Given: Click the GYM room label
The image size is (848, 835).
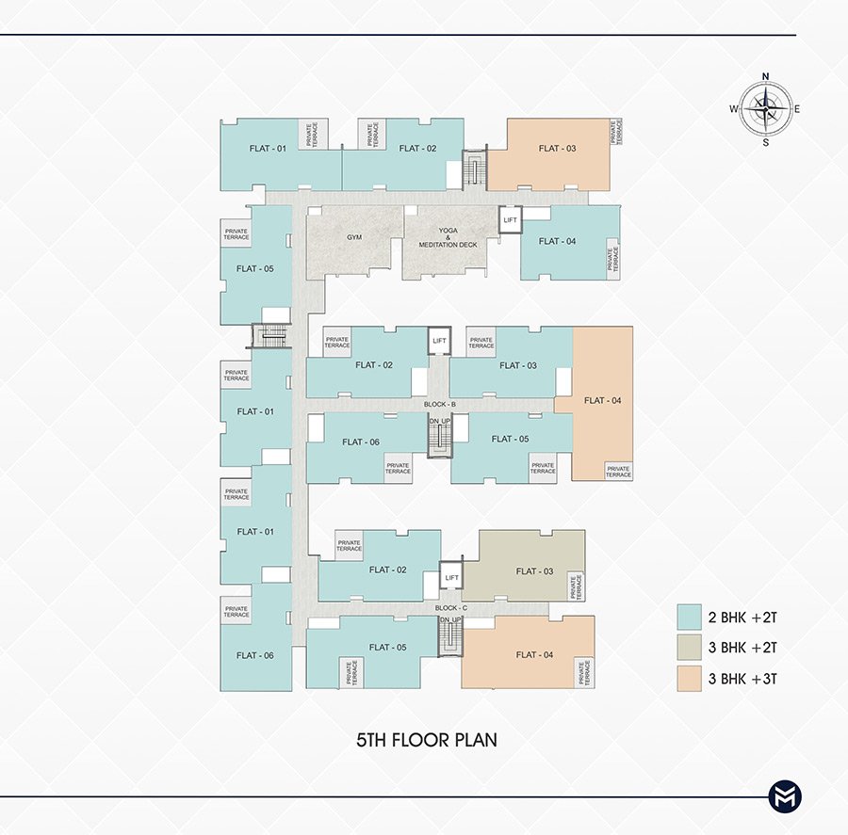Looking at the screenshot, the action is click(x=354, y=237).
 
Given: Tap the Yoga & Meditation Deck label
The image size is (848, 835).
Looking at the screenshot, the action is click(x=448, y=238).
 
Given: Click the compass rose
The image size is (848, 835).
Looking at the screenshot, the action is click(x=765, y=109).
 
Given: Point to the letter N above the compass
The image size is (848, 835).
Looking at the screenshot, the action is click(x=765, y=76).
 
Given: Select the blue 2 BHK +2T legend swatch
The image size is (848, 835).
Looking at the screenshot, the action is click(x=689, y=617).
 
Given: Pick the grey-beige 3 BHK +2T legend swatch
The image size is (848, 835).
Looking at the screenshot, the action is click(x=689, y=648).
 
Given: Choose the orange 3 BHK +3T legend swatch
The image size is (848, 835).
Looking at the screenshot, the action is click(x=689, y=679).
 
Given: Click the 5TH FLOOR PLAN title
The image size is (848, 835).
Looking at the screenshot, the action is click(x=427, y=740).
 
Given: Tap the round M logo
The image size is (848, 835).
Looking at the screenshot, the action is click(x=785, y=796).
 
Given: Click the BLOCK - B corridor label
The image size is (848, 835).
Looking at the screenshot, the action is click(x=440, y=404).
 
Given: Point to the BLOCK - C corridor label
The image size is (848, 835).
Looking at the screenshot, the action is click(x=451, y=608).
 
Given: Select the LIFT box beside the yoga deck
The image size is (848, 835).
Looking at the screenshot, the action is click(x=510, y=220).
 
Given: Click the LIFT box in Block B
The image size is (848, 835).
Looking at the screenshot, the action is click(x=440, y=341).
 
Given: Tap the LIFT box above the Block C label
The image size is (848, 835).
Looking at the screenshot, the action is click(x=451, y=577).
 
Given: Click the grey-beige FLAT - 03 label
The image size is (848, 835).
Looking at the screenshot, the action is click(x=534, y=571).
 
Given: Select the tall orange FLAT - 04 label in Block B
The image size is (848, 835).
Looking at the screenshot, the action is click(x=602, y=400).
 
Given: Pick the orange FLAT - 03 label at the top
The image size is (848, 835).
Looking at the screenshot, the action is click(x=557, y=148).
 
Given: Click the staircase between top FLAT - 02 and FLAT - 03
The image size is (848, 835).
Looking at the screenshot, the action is click(x=475, y=170).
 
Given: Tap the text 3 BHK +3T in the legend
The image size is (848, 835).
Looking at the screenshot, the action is click(x=742, y=679).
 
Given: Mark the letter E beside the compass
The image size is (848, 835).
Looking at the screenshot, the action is click(x=797, y=109).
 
